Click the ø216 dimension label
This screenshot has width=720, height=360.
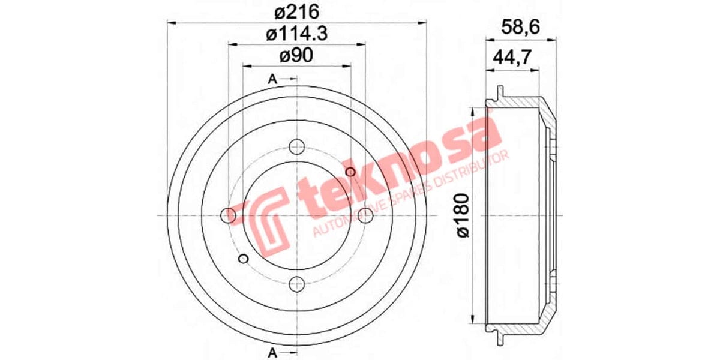tap(296, 12)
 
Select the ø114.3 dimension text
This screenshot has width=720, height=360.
tap(296, 34)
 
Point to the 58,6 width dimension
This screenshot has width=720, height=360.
tap(520, 27)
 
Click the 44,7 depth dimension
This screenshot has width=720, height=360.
tap(511, 58)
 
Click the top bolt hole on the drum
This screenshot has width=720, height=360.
tap(296, 146)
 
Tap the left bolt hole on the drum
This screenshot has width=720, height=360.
tap(229, 215)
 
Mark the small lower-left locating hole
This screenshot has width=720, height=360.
tap(243, 258)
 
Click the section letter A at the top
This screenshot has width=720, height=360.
tap(272, 79)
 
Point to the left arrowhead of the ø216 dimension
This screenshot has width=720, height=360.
tap(169, 23)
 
